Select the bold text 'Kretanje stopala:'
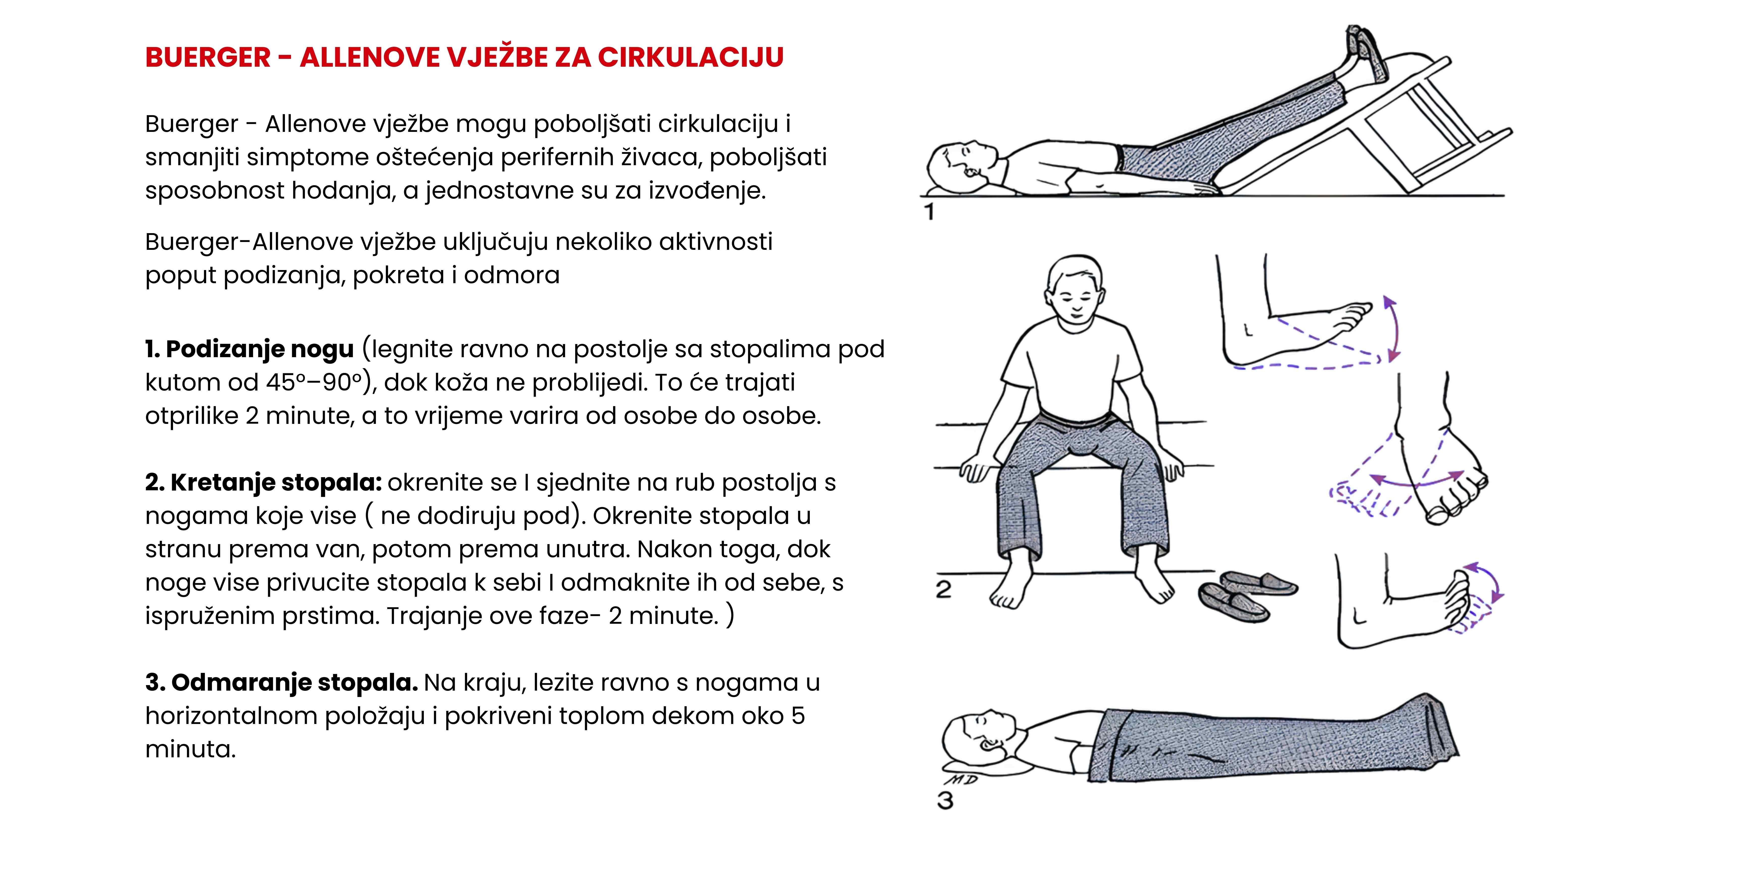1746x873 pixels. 276,482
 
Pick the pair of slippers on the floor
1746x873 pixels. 1247,594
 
